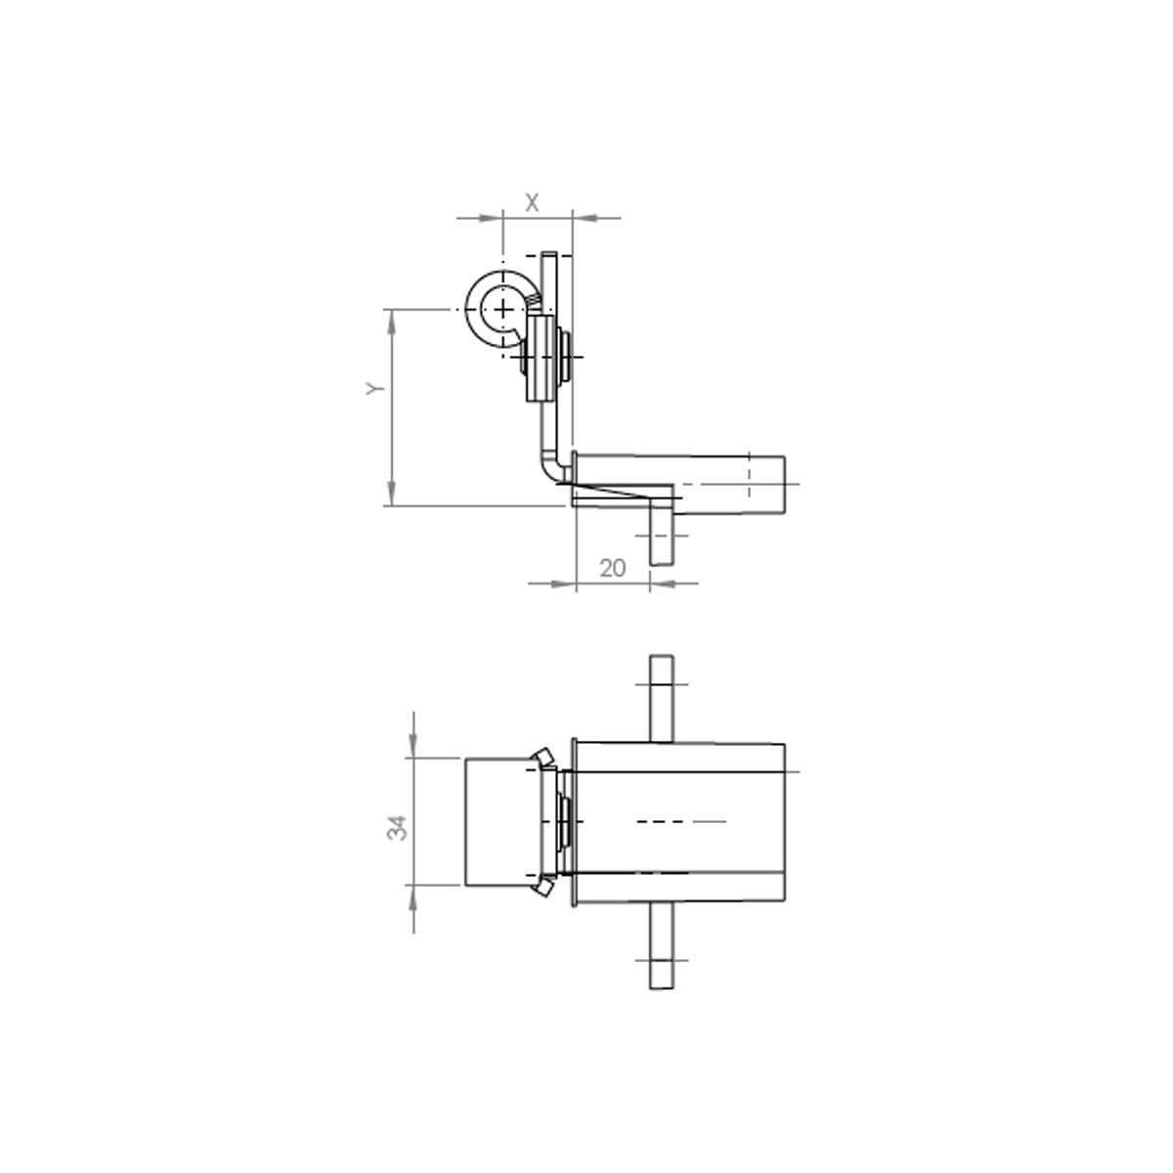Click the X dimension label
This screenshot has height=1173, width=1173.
[532, 203]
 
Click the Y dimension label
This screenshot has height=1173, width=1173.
[375, 388]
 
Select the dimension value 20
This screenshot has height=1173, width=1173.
[612, 568]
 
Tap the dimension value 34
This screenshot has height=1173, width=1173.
[397, 827]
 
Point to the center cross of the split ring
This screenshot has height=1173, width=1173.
[503, 311]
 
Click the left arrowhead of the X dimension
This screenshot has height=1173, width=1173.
[491, 217]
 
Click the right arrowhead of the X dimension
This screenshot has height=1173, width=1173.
[585, 217]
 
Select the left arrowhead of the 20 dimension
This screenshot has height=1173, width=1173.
[563, 584]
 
